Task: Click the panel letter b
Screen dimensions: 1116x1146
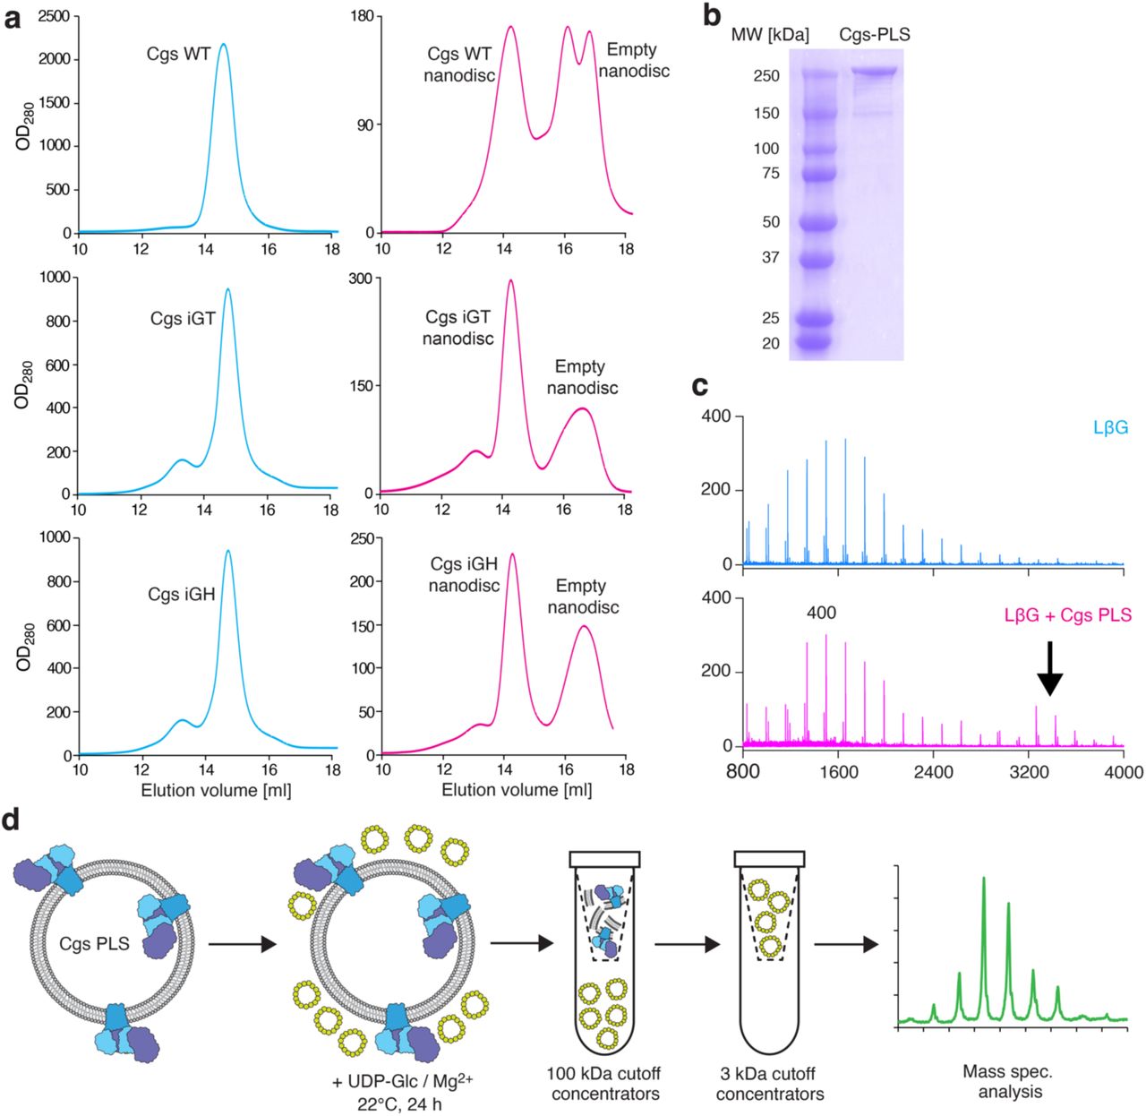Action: pyautogui.click(x=712, y=16)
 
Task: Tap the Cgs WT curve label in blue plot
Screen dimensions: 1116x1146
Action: pyautogui.click(x=179, y=54)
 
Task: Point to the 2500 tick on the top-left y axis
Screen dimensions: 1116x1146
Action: pyautogui.click(x=53, y=17)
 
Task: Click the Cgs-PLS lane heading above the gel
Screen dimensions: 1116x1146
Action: pyautogui.click(x=874, y=35)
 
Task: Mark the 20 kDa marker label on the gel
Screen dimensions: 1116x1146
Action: pyautogui.click(x=770, y=343)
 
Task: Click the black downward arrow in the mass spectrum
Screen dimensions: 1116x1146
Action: pyautogui.click(x=1050, y=668)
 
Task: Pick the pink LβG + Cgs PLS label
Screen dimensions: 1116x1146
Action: pyautogui.click(x=1068, y=615)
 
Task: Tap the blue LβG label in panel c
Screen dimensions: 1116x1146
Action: pyautogui.click(x=1110, y=428)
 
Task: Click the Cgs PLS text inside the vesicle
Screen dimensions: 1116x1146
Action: pyautogui.click(x=94, y=943)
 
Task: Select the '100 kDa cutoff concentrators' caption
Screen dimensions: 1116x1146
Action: pyautogui.click(x=605, y=1083)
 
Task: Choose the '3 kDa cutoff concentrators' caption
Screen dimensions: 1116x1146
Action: pyautogui.click(x=770, y=1083)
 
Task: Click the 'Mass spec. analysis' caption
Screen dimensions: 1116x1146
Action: pyautogui.click(x=1009, y=1081)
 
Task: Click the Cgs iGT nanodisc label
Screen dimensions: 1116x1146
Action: pyautogui.click(x=458, y=328)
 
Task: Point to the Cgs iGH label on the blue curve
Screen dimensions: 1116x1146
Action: pyautogui.click(x=182, y=593)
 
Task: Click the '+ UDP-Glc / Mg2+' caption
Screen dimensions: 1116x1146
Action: pyautogui.click(x=403, y=1083)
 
